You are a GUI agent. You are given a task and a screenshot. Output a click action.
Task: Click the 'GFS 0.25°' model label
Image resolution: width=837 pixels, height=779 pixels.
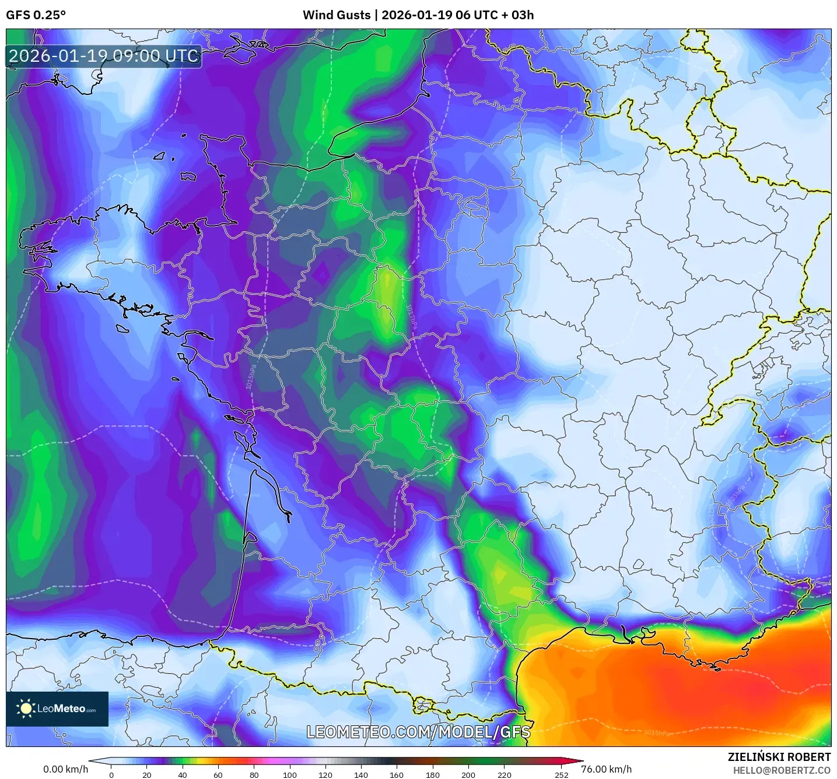point(36,15)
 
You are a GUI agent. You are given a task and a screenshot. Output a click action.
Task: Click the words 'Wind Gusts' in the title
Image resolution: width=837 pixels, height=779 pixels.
point(336,15)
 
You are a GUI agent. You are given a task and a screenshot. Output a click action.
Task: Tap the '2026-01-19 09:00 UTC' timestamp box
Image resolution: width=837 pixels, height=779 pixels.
point(104,57)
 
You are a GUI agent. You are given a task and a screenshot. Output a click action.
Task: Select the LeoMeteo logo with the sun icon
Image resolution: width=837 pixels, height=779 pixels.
point(57,708)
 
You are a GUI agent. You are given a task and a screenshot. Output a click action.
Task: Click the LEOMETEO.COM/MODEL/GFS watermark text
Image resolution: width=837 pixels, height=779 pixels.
point(418,732)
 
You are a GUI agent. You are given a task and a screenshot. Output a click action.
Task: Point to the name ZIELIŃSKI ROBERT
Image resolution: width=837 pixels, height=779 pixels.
point(779,757)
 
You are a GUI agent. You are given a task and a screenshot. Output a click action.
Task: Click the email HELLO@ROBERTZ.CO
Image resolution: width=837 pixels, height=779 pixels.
point(782,770)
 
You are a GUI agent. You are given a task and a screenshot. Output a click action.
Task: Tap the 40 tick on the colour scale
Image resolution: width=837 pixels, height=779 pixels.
point(183,775)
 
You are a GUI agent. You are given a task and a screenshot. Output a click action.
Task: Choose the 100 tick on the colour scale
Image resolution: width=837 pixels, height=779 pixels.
point(290,775)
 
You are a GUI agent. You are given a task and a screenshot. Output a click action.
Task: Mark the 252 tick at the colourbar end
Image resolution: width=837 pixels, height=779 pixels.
point(561,775)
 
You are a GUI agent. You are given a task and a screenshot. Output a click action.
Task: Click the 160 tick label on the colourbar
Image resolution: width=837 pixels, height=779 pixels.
point(397,775)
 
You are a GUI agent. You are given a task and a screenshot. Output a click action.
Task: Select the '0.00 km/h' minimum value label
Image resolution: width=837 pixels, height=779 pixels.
point(65,769)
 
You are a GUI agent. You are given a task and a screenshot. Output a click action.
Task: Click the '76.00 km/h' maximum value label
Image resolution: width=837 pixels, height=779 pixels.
point(607,769)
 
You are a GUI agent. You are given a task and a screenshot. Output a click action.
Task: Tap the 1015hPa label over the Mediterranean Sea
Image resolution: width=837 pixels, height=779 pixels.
point(657,733)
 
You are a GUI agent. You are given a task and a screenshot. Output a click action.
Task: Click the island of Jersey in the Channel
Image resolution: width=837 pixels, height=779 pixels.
point(187,175)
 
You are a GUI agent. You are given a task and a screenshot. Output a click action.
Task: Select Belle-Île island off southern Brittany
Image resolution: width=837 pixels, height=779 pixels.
point(122,329)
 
